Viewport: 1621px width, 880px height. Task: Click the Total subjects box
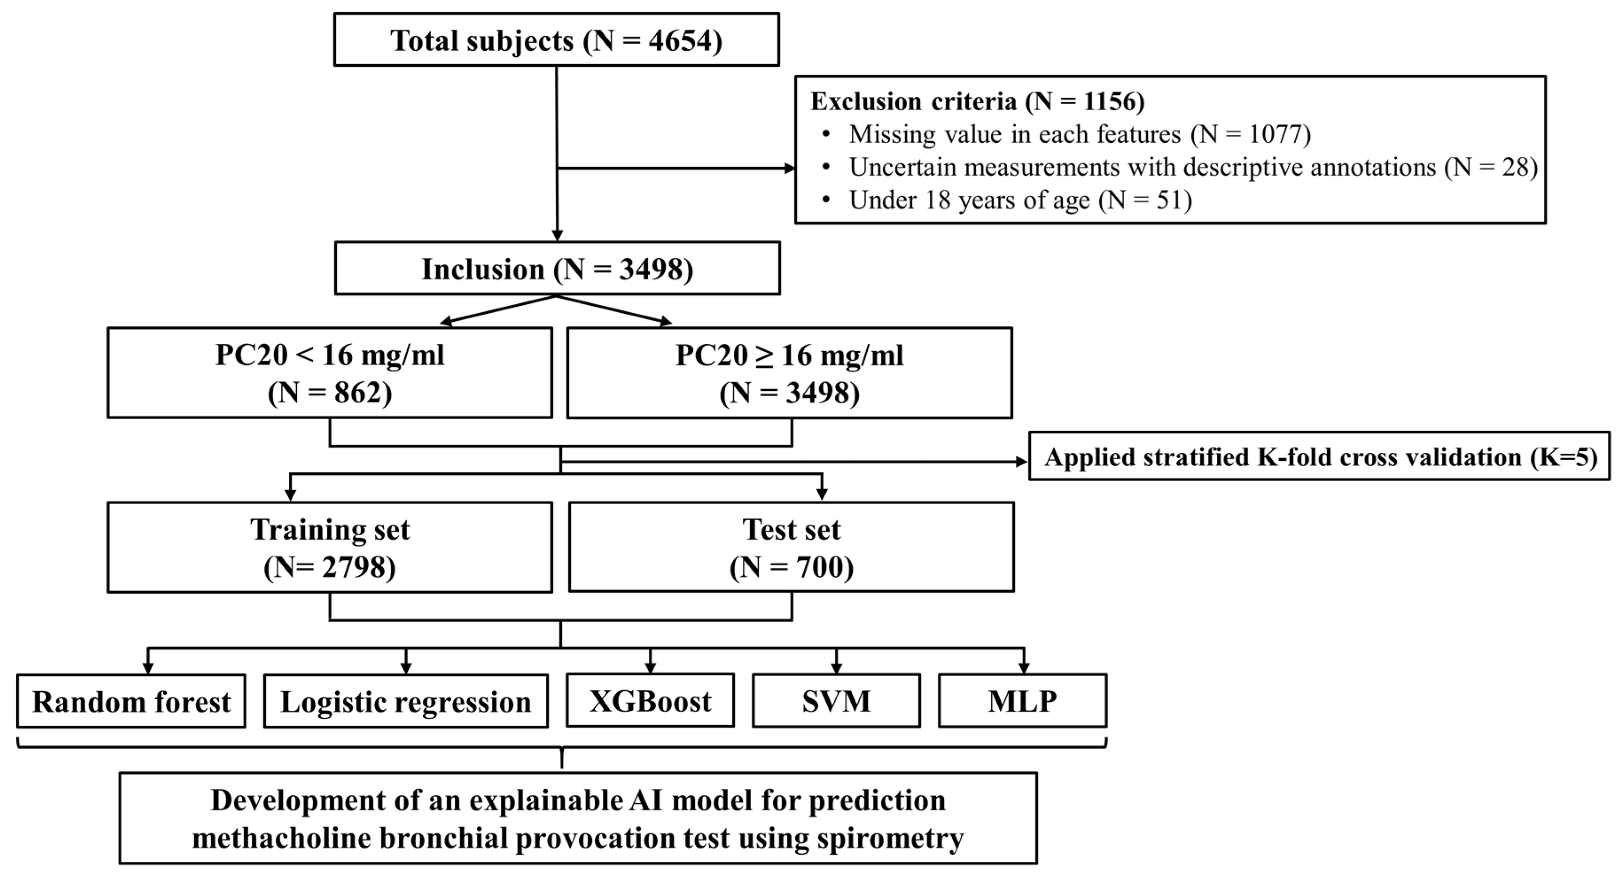click(556, 39)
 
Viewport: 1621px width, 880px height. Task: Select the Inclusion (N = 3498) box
click(557, 269)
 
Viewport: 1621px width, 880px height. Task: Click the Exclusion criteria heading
click(977, 101)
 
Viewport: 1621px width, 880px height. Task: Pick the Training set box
click(330, 547)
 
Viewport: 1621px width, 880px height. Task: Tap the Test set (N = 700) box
click(791, 547)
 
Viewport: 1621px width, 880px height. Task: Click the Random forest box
click(131, 702)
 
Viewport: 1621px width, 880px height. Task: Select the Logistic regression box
click(405, 702)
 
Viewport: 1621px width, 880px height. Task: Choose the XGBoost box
click(650, 701)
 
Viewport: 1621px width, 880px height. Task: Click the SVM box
click(836, 701)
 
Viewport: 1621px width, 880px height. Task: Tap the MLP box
click(1022, 701)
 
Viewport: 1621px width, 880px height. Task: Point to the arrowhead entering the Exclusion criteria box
click(789, 168)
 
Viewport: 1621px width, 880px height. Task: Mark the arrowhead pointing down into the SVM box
click(836, 669)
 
